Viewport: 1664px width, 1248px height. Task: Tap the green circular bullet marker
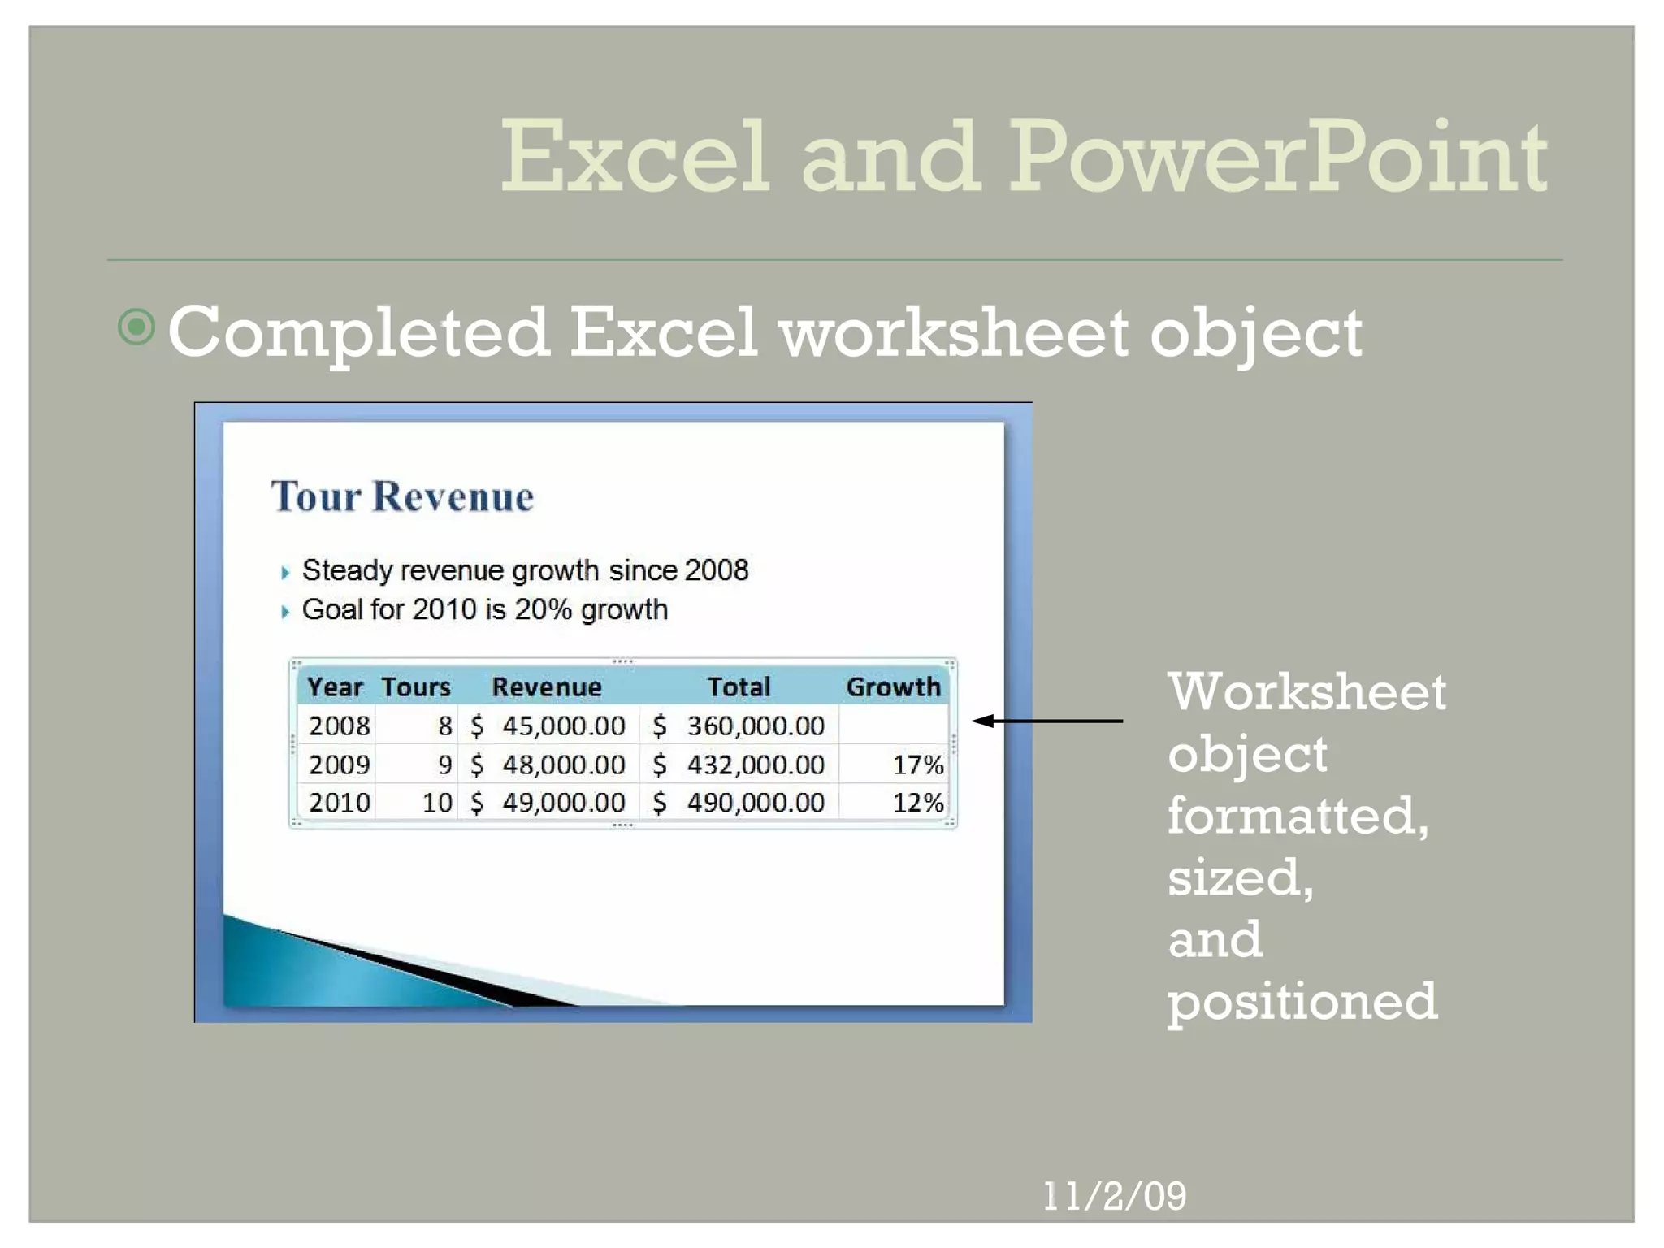136,327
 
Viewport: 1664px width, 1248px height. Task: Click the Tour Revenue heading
402,496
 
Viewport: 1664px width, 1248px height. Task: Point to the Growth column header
892,687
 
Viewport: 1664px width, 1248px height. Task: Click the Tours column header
415,687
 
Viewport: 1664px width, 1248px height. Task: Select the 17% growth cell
917,765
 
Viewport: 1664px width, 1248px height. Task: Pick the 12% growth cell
917,803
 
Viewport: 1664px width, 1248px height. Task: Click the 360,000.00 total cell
755,726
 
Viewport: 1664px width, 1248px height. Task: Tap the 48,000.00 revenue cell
563,765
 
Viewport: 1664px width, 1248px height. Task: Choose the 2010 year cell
339,803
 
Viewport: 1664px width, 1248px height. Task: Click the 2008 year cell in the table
339,726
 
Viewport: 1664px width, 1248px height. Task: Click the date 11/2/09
1114,1196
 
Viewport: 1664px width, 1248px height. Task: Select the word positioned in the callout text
1302,1001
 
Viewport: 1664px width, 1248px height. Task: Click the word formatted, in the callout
1298,816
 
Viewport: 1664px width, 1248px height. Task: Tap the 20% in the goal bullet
543,609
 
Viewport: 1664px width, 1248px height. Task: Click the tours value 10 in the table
437,803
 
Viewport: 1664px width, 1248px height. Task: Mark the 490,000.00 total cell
755,803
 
